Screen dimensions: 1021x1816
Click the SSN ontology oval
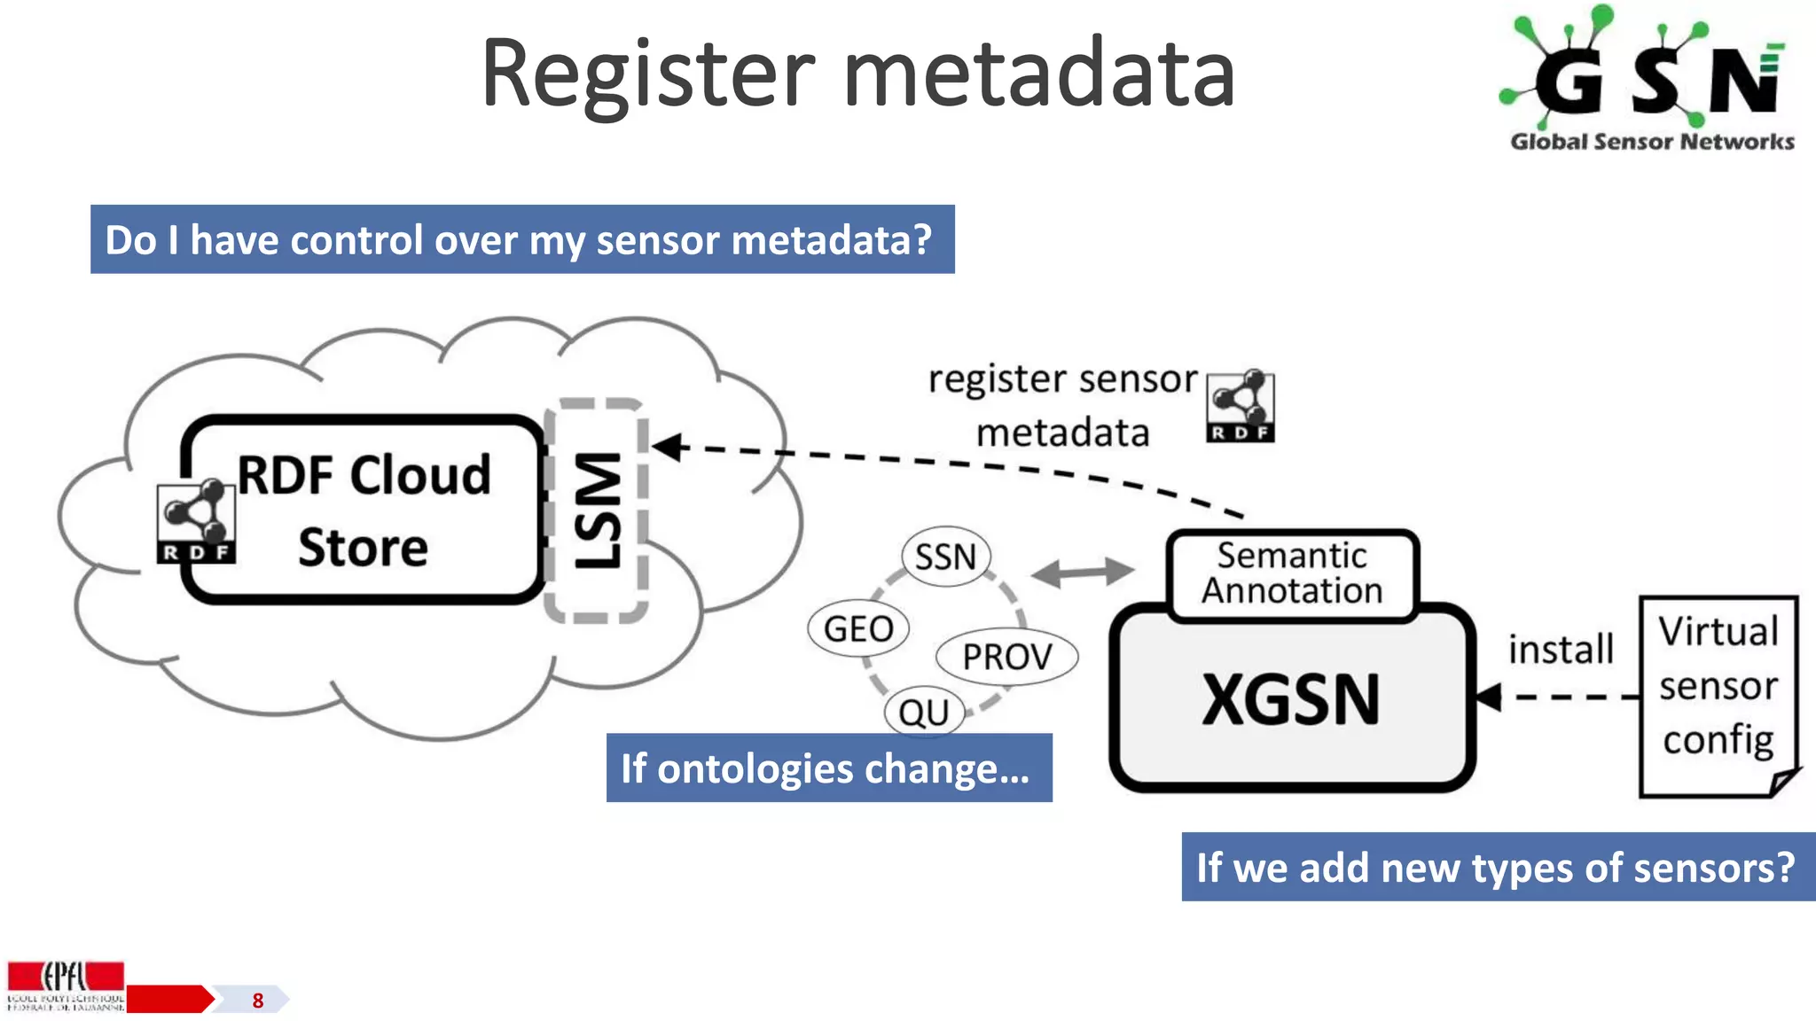pyautogui.click(x=945, y=557)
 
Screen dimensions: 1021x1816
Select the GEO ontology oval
pyautogui.click(x=857, y=629)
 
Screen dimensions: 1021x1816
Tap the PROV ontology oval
pyautogui.click(x=1007, y=658)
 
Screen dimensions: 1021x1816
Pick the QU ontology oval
pyautogui.click(x=924, y=713)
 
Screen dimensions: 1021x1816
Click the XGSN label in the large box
pyautogui.click(x=1291, y=700)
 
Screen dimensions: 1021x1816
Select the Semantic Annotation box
pyautogui.click(x=1292, y=573)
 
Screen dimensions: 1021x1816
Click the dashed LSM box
pyautogui.click(x=596, y=510)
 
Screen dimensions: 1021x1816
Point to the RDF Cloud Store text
pyautogui.click(x=364, y=510)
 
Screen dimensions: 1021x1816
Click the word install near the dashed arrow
pyautogui.click(x=1561, y=650)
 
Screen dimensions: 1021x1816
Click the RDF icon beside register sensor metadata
pyautogui.click(x=1241, y=407)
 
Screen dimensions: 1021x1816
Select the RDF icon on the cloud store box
pyautogui.click(x=196, y=524)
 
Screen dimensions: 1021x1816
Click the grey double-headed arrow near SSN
pyautogui.click(x=1083, y=572)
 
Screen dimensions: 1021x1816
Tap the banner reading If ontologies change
pyautogui.click(x=829, y=768)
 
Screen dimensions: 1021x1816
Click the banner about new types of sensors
pyautogui.click(x=1497, y=867)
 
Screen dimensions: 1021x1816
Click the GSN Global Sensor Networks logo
pyautogui.click(x=1650, y=80)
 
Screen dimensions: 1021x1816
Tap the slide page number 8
pyautogui.click(x=258, y=1001)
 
